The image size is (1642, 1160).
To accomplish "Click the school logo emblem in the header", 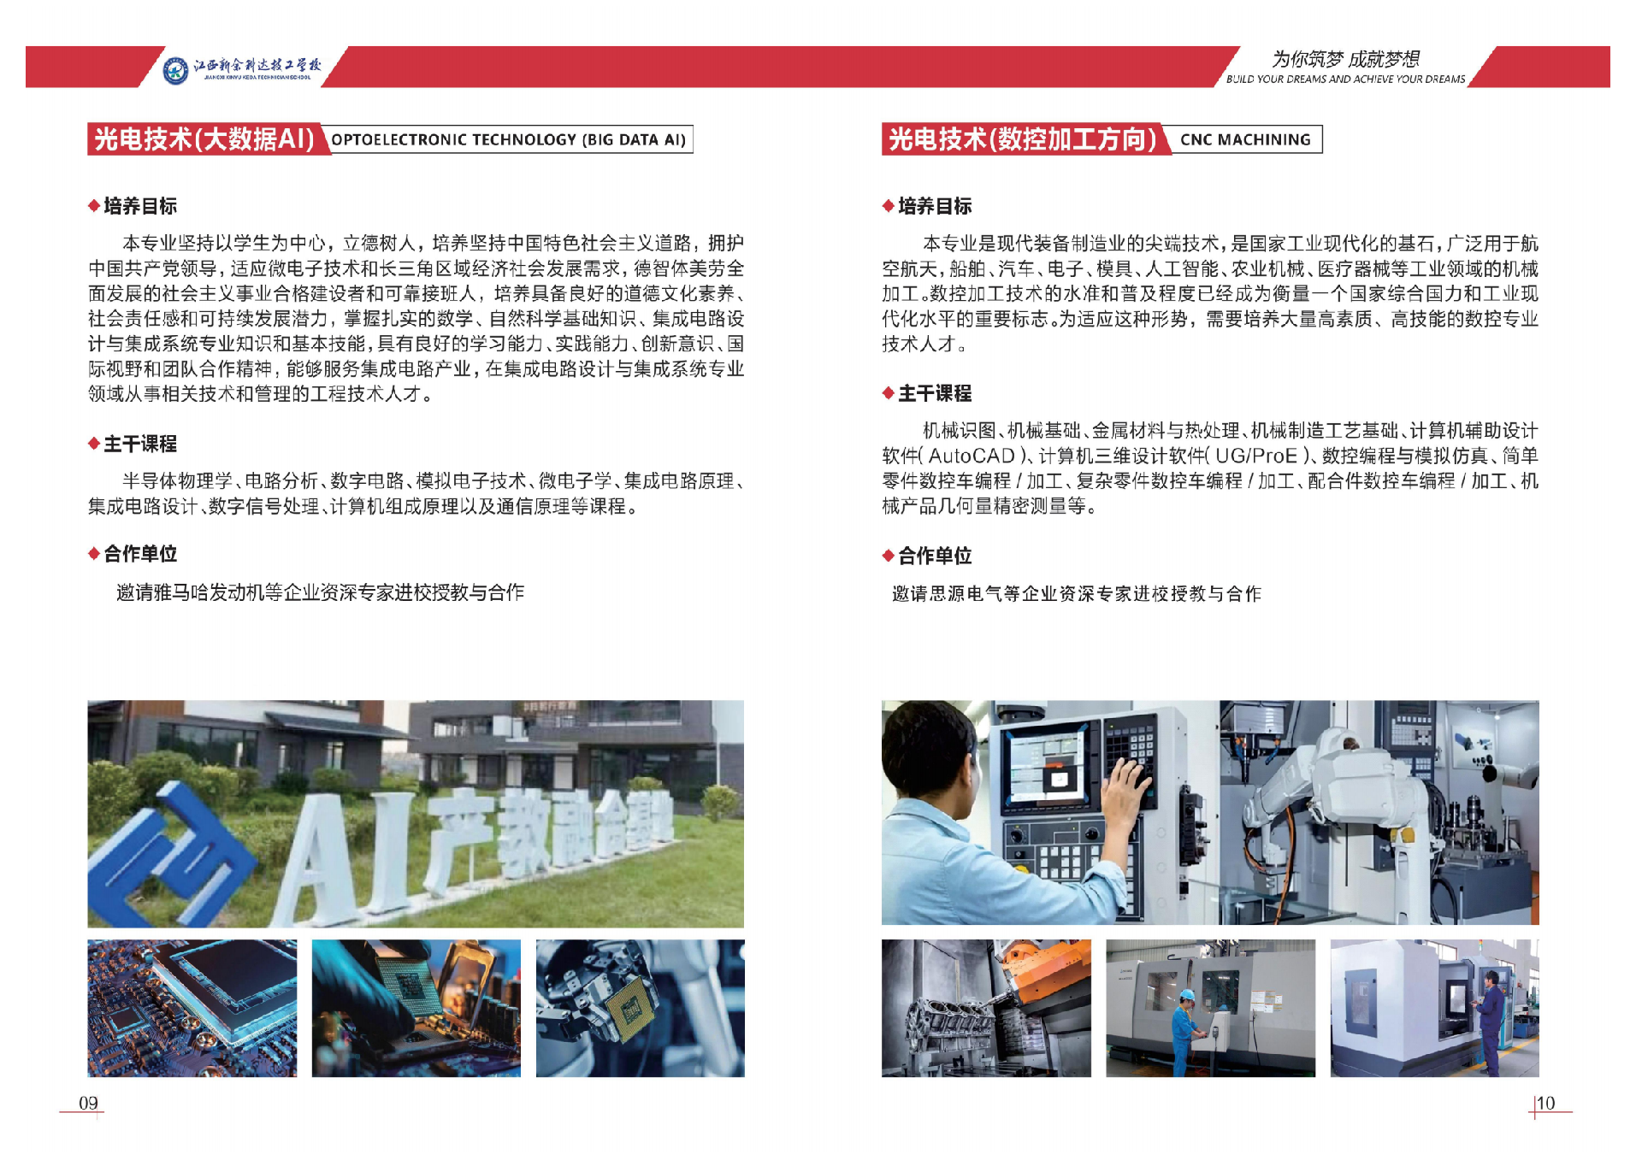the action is pos(175,69).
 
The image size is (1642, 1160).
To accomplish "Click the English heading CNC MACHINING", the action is pos(1245,139).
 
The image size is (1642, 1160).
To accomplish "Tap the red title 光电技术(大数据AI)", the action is pos(204,138).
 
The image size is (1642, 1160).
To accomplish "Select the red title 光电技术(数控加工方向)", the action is pos(1023,138).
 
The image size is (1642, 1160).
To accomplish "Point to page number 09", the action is pos(88,1103).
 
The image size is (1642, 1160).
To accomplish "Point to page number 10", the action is pos(1545,1103).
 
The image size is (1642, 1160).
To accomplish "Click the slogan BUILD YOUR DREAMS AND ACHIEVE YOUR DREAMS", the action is pos(1345,79).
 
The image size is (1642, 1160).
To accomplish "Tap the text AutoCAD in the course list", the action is pos(972,456).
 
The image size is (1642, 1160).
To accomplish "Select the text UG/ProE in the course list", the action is pos(1256,456).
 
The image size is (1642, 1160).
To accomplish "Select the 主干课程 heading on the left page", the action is pos(140,444).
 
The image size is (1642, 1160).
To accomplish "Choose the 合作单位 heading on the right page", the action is pos(935,556).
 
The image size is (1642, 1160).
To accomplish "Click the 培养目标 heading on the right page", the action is pos(935,206).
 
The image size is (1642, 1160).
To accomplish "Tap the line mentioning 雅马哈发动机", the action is pos(321,592).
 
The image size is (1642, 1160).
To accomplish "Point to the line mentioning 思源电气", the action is pos(1077,593).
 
